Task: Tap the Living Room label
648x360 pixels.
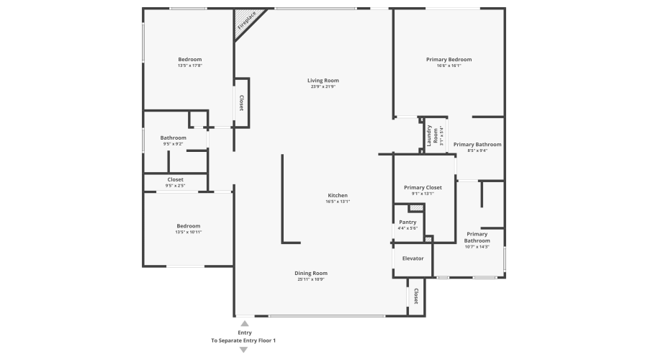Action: (x=323, y=81)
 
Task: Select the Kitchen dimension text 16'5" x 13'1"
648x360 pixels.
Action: (x=338, y=202)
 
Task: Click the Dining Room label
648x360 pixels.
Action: (x=311, y=273)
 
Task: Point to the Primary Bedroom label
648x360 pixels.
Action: (x=449, y=59)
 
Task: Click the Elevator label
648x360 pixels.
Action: (x=413, y=258)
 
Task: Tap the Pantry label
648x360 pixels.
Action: (x=408, y=222)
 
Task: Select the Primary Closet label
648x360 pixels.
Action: (x=423, y=187)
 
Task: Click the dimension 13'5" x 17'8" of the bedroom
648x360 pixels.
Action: (x=190, y=66)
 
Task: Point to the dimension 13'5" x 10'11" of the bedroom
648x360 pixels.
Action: (x=189, y=232)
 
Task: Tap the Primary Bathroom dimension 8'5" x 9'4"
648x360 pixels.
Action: (x=477, y=150)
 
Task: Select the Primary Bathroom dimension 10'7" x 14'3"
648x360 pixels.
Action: (x=477, y=247)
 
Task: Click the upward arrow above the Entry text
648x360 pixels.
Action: (x=244, y=324)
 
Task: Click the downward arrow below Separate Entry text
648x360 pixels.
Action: (x=243, y=349)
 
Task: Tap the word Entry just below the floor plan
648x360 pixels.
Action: (x=245, y=333)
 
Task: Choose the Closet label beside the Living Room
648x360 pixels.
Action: (x=241, y=103)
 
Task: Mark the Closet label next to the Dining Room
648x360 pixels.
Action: (x=415, y=296)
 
